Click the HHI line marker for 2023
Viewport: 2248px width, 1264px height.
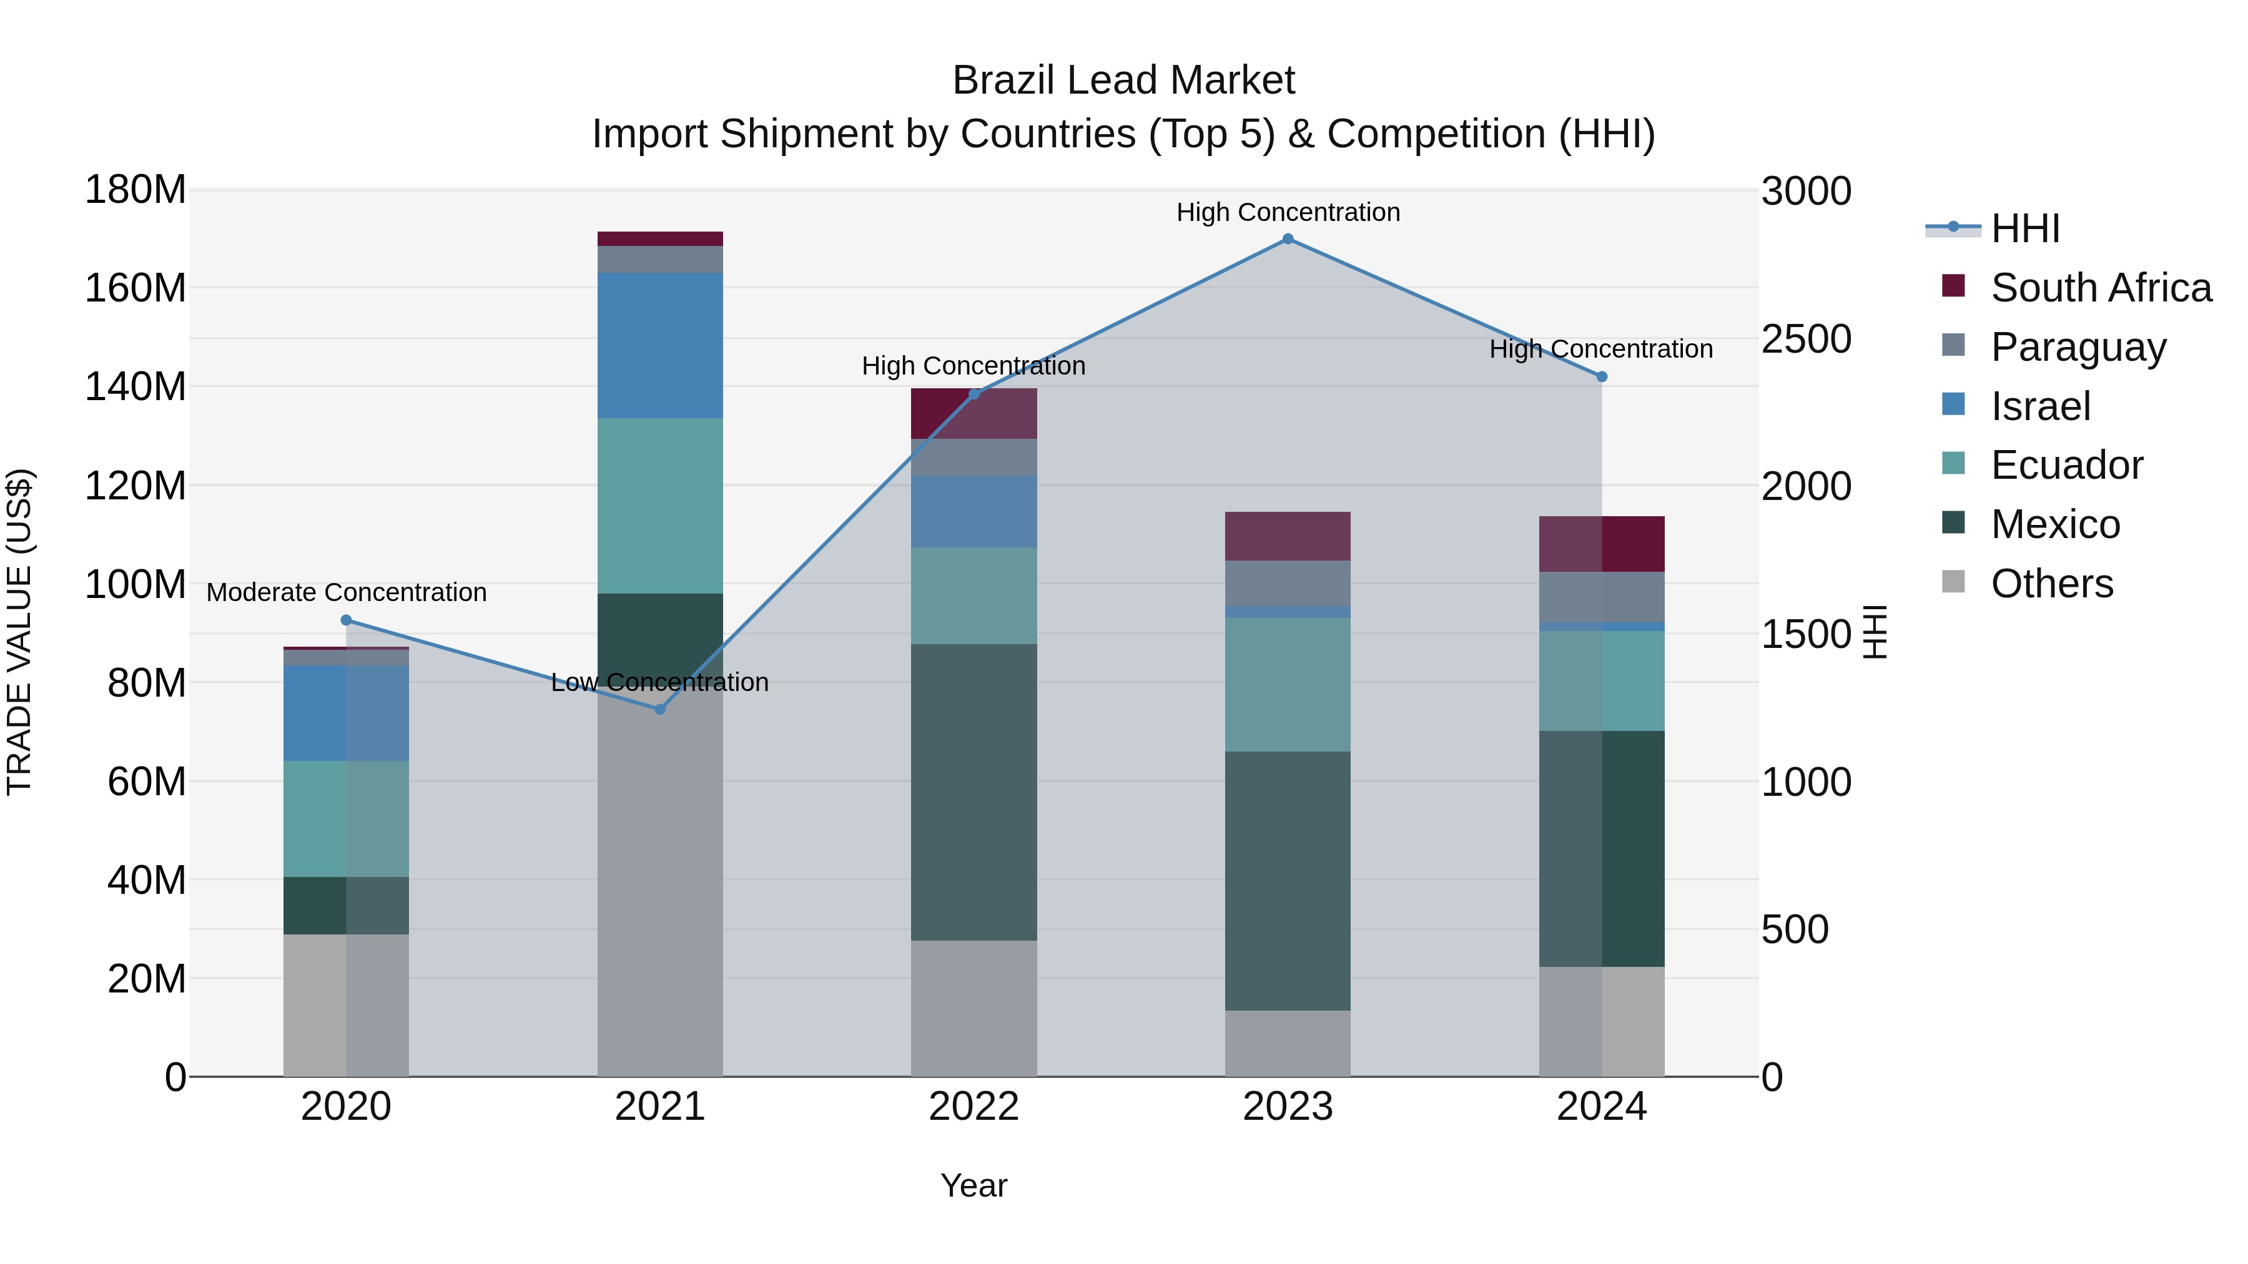pyautogui.click(x=1287, y=239)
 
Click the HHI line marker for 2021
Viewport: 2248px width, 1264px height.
pyautogui.click(x=660, y=709)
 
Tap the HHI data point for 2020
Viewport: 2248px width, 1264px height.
pyautogui.click(x=347, y=620)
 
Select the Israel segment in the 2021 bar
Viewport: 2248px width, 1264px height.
pyautogui.click(x=660, y=345)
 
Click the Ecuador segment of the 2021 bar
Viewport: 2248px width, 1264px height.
pyautogui.click(x=660, y=506)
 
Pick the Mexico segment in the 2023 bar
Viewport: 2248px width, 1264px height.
pyautogui.click(x=1287, y=881)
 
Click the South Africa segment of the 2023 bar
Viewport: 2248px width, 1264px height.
pyautogui.click(x=1287, y=536)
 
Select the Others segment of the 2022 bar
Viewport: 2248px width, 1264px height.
pyautogui.click(x=974, y=1009)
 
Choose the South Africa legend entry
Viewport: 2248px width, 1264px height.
pyautogui.click(x=2099, y=288)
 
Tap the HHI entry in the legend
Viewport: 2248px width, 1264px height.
pyautogui.click(x=2024, y=228)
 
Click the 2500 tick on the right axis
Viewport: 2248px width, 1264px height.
pyautogui.click(x=1805, y=340)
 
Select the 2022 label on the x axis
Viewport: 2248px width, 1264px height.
pyautogui.click(x=974, y=1107)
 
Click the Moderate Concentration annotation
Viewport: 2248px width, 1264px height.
pyautogui.click(x=347, y=592)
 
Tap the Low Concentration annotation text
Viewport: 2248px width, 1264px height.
pyautogui.click(x=660, y=682)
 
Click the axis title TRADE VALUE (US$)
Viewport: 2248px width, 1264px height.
pyautogui.click(x=19, y=632)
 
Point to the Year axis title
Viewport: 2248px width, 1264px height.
pyautogui.click(x=974, y=1185)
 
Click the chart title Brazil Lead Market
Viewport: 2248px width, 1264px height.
pyautogui.click(x=1123, y=81)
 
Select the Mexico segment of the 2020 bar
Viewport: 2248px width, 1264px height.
pyautogui.click(x=347, y=906)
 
